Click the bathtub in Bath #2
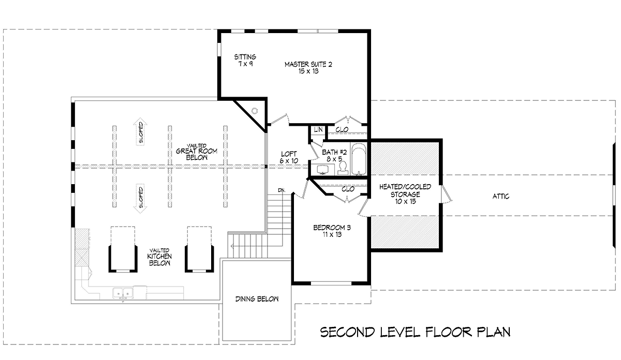coord(359,159)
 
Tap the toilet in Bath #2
coord(343,168)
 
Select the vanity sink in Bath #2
coord(322,170)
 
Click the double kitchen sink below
coord(123,293)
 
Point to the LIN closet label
coord(318,129)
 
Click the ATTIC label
coord(501,197)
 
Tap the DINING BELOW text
coord(257,299)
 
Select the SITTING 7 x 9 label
coord(245,60)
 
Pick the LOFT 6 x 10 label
coord(289,157)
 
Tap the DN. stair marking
coord(282,190)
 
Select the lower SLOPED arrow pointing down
coord(140,199)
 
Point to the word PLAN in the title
coord(494,332)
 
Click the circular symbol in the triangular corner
coord(255,111)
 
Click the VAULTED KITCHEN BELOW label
coord(159,257)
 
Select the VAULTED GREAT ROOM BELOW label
coord(197,152)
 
